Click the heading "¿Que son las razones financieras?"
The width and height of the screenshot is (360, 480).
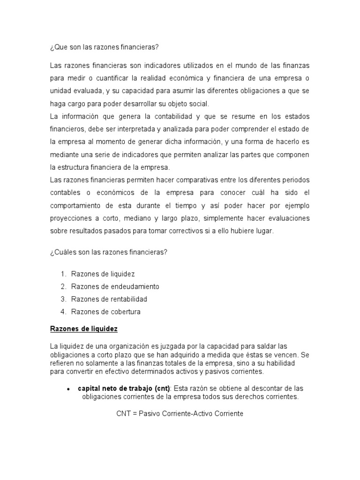pyautogui.click(x=105, y=47)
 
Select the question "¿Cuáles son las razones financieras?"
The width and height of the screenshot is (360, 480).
pyautogui.click(x=109, y=253)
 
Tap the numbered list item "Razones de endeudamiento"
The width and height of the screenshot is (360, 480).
pyautogui.click(x=115, y=286)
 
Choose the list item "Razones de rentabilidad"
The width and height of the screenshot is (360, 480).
pyautogui.click(x=109, y=299)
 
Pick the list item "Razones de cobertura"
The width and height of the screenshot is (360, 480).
pyautogui.click(x=106, y=312)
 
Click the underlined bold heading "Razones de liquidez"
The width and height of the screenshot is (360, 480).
pyautogui.click(x=84, y=329)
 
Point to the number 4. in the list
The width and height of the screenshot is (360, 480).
pyautogui.click(x=63, y=312)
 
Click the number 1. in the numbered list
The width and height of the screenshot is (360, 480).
pyautogui.click(x=63, y=274)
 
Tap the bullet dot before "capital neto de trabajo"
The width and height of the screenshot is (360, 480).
pyautogui.click(x=68, y=389)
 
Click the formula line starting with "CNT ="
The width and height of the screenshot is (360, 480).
pyautogui.click(x=180, y=415)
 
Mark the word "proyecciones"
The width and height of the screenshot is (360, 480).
pyautogui.click(x=71, y=218)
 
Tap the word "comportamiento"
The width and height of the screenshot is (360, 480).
pyautogui.click(x=75, y=206)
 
